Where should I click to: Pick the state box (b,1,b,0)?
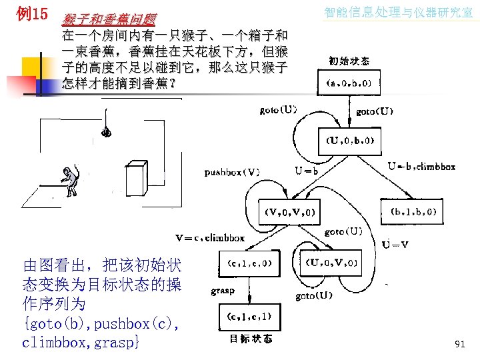point(413,212)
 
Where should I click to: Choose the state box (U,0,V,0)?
point(332,263)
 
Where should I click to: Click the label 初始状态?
point(349,61)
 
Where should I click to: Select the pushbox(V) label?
point(233,172)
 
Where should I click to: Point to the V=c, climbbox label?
point(210,237)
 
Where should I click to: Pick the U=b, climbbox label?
point(421,167)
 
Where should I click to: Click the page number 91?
point(459,344)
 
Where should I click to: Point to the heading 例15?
point(31,12)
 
